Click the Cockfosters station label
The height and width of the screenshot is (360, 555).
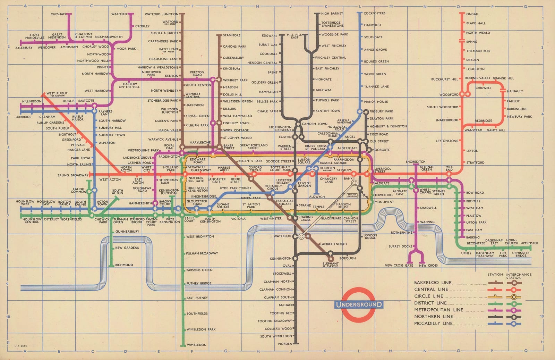[x=374, y=13]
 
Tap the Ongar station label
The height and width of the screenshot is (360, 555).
[x=472, y=14]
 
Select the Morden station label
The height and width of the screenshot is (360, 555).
[x=285, y=344]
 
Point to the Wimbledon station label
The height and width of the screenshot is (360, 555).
[x=196, y=345]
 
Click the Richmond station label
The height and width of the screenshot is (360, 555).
[x=124, y=265]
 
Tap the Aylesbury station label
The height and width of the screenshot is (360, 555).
[x=24, y=48]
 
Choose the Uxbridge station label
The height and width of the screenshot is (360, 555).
[x=23, y=117]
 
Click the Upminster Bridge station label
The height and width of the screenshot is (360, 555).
[x=521, y=254]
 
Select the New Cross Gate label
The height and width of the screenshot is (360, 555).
[x=399, y=265]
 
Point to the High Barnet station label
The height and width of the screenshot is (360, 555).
[x=332, y=14]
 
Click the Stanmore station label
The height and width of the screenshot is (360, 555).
[x=231, y=35]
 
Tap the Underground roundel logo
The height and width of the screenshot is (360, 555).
[x=359, y=304]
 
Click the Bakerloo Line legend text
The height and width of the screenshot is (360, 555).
[x=431, y=283]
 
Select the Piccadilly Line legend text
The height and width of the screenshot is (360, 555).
[x=433, y=323]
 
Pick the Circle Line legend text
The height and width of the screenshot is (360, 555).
[x=428, y=296]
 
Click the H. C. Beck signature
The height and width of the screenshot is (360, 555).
[x=21, y=346]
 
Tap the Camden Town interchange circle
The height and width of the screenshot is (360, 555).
[x=298, y=124]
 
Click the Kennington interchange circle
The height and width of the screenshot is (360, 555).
[x=295, y=258]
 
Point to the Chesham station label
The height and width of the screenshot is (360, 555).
[x=58, y=14]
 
